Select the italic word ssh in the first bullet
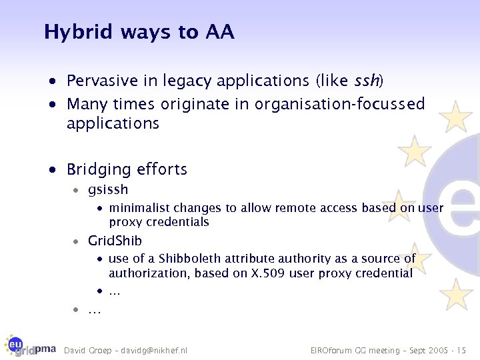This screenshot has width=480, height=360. click(366, 81)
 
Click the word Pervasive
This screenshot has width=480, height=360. click(103, 81)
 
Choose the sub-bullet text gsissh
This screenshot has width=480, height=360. click(107, 191)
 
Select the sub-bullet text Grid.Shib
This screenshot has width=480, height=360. click(115, 240)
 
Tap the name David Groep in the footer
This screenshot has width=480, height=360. click(86, 350)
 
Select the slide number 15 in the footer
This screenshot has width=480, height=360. click(461, 350)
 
